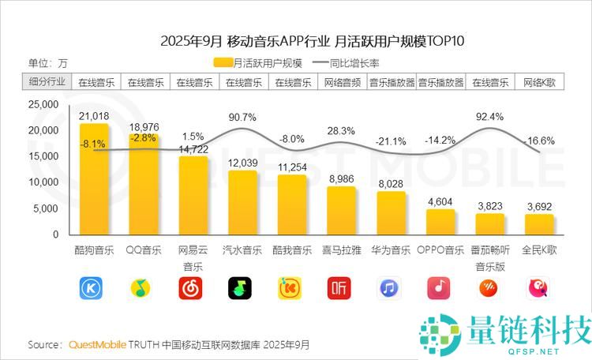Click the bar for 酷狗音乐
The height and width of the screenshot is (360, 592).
(x=94, y=179)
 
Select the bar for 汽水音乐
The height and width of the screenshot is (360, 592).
(x=242, y=202)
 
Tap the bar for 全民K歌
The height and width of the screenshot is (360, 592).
(x=539, y=224)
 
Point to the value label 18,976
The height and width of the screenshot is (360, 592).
(x=144, y=127)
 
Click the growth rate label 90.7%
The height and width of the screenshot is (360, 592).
(x=242, y=118)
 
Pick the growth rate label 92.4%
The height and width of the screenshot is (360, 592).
(x=489, y=117)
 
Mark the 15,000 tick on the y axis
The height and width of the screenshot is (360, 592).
(x=43, y=156)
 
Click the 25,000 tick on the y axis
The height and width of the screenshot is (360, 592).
(x=43, y=104)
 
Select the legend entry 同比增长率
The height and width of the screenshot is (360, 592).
(x=346, y=63)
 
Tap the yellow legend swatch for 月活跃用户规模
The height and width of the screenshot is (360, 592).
(x=223, y=62)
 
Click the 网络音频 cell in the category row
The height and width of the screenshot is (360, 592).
(x=343, y=82)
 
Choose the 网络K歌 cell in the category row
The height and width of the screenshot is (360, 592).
(x=540, y=82)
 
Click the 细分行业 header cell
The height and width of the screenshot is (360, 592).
(x=47, y=81)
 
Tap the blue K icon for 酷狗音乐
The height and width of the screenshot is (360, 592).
(x=91, y=288)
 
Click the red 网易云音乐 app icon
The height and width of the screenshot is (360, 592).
(x=190, y=288)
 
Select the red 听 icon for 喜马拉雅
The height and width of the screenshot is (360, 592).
(x=339, y=288)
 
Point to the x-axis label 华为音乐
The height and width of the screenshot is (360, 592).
(x=391, y=250)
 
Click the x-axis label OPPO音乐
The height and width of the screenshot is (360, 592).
(x=440, y=250)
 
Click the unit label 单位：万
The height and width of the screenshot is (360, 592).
(x=48, y=63)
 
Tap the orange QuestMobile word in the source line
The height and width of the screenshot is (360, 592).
(x=97, y=344)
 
